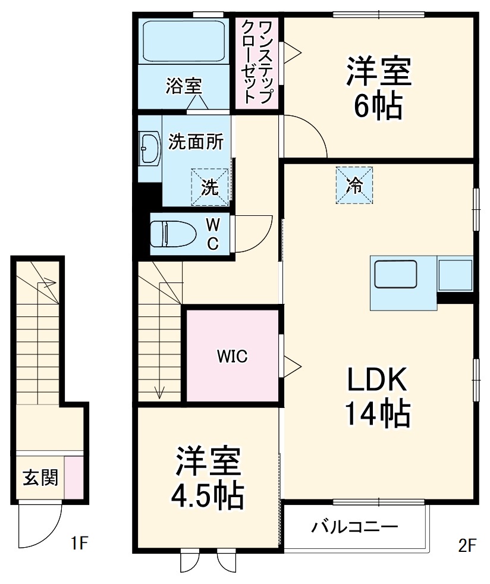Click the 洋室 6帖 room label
379,88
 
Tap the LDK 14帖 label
377,395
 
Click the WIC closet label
231,356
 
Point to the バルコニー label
355,527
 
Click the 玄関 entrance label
40,478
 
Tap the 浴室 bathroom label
184,86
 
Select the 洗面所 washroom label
196,142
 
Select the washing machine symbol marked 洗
209,187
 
